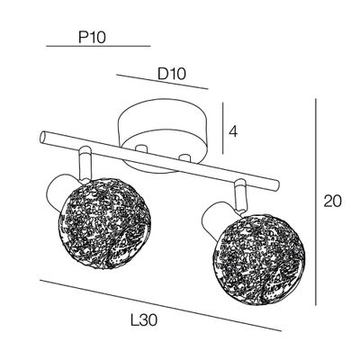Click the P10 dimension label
click(x=92, y=38)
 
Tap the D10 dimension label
click(x=172, y=74)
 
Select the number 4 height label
click(x=233, y=131)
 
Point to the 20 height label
click(x=332, y=202)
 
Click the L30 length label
click(x=144, y=320)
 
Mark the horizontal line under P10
click(x=98, y=46)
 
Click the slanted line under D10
click(x=162, y=82)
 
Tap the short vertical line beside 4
click(x=223, y=128)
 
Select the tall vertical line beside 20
click(x=316, y=202)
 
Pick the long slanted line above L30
click(x=160, y=306)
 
